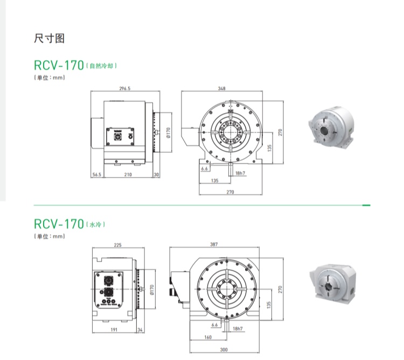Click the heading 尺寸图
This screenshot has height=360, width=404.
49,39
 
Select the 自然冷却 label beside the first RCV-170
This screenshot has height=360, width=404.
102,66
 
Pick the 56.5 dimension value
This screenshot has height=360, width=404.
96,175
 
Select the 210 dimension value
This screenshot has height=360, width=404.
128,175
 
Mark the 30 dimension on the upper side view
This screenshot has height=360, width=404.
157,175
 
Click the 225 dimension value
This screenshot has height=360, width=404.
117,245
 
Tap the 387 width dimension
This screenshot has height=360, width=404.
214,245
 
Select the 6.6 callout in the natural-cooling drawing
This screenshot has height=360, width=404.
205,169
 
